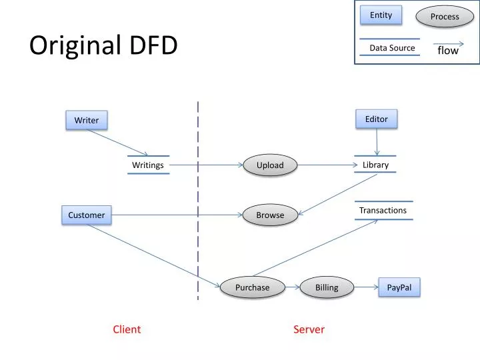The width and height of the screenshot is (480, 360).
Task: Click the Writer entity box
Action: click(x=86, y=120)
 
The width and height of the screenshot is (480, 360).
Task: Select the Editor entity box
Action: click(x=376, y=119)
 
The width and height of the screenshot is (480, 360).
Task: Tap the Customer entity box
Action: click(x=86, y=215)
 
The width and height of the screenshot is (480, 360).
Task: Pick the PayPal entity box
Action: click(x=399, y=287)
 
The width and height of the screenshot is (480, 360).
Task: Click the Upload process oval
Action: click(x=270, y=165)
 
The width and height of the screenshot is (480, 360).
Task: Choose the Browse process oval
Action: click(x=270, y=215)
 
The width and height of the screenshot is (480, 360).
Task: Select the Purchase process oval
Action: click(x=252, y=287)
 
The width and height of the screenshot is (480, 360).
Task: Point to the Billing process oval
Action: click(x=327, y=287)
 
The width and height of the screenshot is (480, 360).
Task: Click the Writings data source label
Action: click(x=148, y=165)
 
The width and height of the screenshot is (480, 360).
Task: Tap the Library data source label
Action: click(x=375, y=165)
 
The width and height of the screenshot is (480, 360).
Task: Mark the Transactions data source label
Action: click(x=383, y=210)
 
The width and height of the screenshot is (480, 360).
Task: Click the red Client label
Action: click(x=127, y=329)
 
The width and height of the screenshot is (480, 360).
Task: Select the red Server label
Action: click(x=309, y=329)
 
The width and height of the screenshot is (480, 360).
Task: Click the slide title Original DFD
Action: click(x=103, y=45)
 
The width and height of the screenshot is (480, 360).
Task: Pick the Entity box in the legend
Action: click(x=381, y=15)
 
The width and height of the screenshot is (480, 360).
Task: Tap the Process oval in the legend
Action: click(x=445, y=16)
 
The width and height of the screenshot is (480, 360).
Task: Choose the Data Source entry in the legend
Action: click(x=392, y=47)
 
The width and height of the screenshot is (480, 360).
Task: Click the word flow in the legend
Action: click(x=448, y=51)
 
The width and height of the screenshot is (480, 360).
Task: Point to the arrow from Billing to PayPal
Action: click(x=365, y=287)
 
